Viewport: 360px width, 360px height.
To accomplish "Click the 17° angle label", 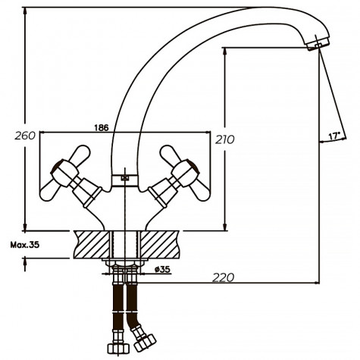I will point(333,136).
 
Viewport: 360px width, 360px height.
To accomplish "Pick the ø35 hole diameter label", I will point(161,268).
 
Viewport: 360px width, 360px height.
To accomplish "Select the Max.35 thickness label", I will point(25,244).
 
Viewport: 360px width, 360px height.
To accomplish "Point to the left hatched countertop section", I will point(91,245).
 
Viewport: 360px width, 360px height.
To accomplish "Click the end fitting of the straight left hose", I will point(117,348).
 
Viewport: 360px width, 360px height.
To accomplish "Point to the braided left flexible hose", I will point(117,307).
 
